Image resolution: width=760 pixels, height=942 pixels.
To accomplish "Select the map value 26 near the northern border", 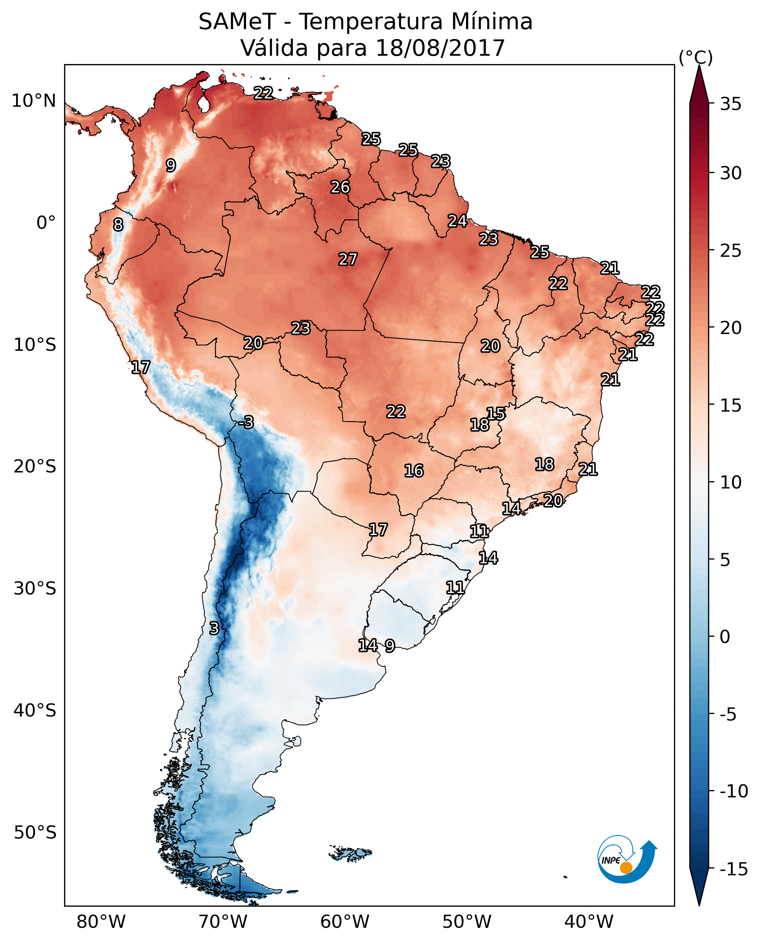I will (340, 187).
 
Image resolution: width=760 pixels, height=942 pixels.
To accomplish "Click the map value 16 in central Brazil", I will (414, 471).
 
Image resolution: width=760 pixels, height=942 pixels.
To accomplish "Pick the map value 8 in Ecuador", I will (118, 225).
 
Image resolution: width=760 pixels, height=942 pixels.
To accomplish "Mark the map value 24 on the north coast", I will (457, 221).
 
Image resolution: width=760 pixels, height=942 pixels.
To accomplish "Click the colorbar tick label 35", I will (730, 104).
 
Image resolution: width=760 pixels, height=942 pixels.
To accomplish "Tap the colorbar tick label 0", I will (725, 637).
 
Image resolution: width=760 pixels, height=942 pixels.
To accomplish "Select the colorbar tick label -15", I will (734, 869).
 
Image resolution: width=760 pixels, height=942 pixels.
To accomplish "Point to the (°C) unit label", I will (696, 57).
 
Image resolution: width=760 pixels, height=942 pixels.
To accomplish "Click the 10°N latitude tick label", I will (34, 101).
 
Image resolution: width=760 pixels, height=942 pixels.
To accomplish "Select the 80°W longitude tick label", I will (101, 922).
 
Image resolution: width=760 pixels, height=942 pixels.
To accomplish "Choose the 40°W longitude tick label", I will (589, 922).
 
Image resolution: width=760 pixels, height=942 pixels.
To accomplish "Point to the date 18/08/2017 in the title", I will (440, 48).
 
